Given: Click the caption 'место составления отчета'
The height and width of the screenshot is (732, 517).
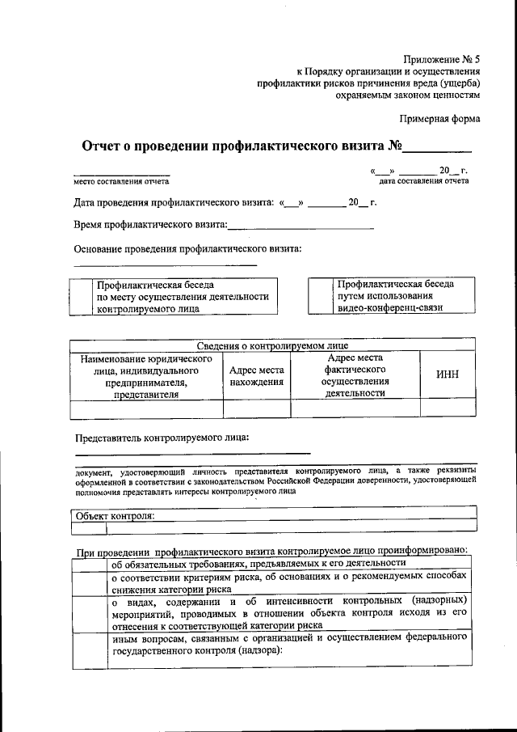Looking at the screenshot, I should (121, 181).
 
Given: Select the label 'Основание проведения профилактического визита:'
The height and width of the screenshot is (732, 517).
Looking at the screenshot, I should (187, 248).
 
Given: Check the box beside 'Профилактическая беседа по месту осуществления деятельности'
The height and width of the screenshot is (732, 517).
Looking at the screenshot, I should (82, 297).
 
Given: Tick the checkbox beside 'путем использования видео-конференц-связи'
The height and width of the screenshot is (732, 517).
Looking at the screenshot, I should (321, 296).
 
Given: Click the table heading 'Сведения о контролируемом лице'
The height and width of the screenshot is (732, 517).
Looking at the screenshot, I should (272, 345).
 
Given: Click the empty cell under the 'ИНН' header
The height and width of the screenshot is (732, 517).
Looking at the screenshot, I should (448, 409).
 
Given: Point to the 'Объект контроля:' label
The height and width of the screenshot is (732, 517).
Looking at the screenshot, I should (114, 516).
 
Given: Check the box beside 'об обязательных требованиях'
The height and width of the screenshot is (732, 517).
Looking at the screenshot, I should (89, 564).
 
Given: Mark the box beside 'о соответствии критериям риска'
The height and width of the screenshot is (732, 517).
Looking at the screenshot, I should (89, 583).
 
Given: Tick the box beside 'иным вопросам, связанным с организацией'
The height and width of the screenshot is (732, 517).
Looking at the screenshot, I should (89, 650).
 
